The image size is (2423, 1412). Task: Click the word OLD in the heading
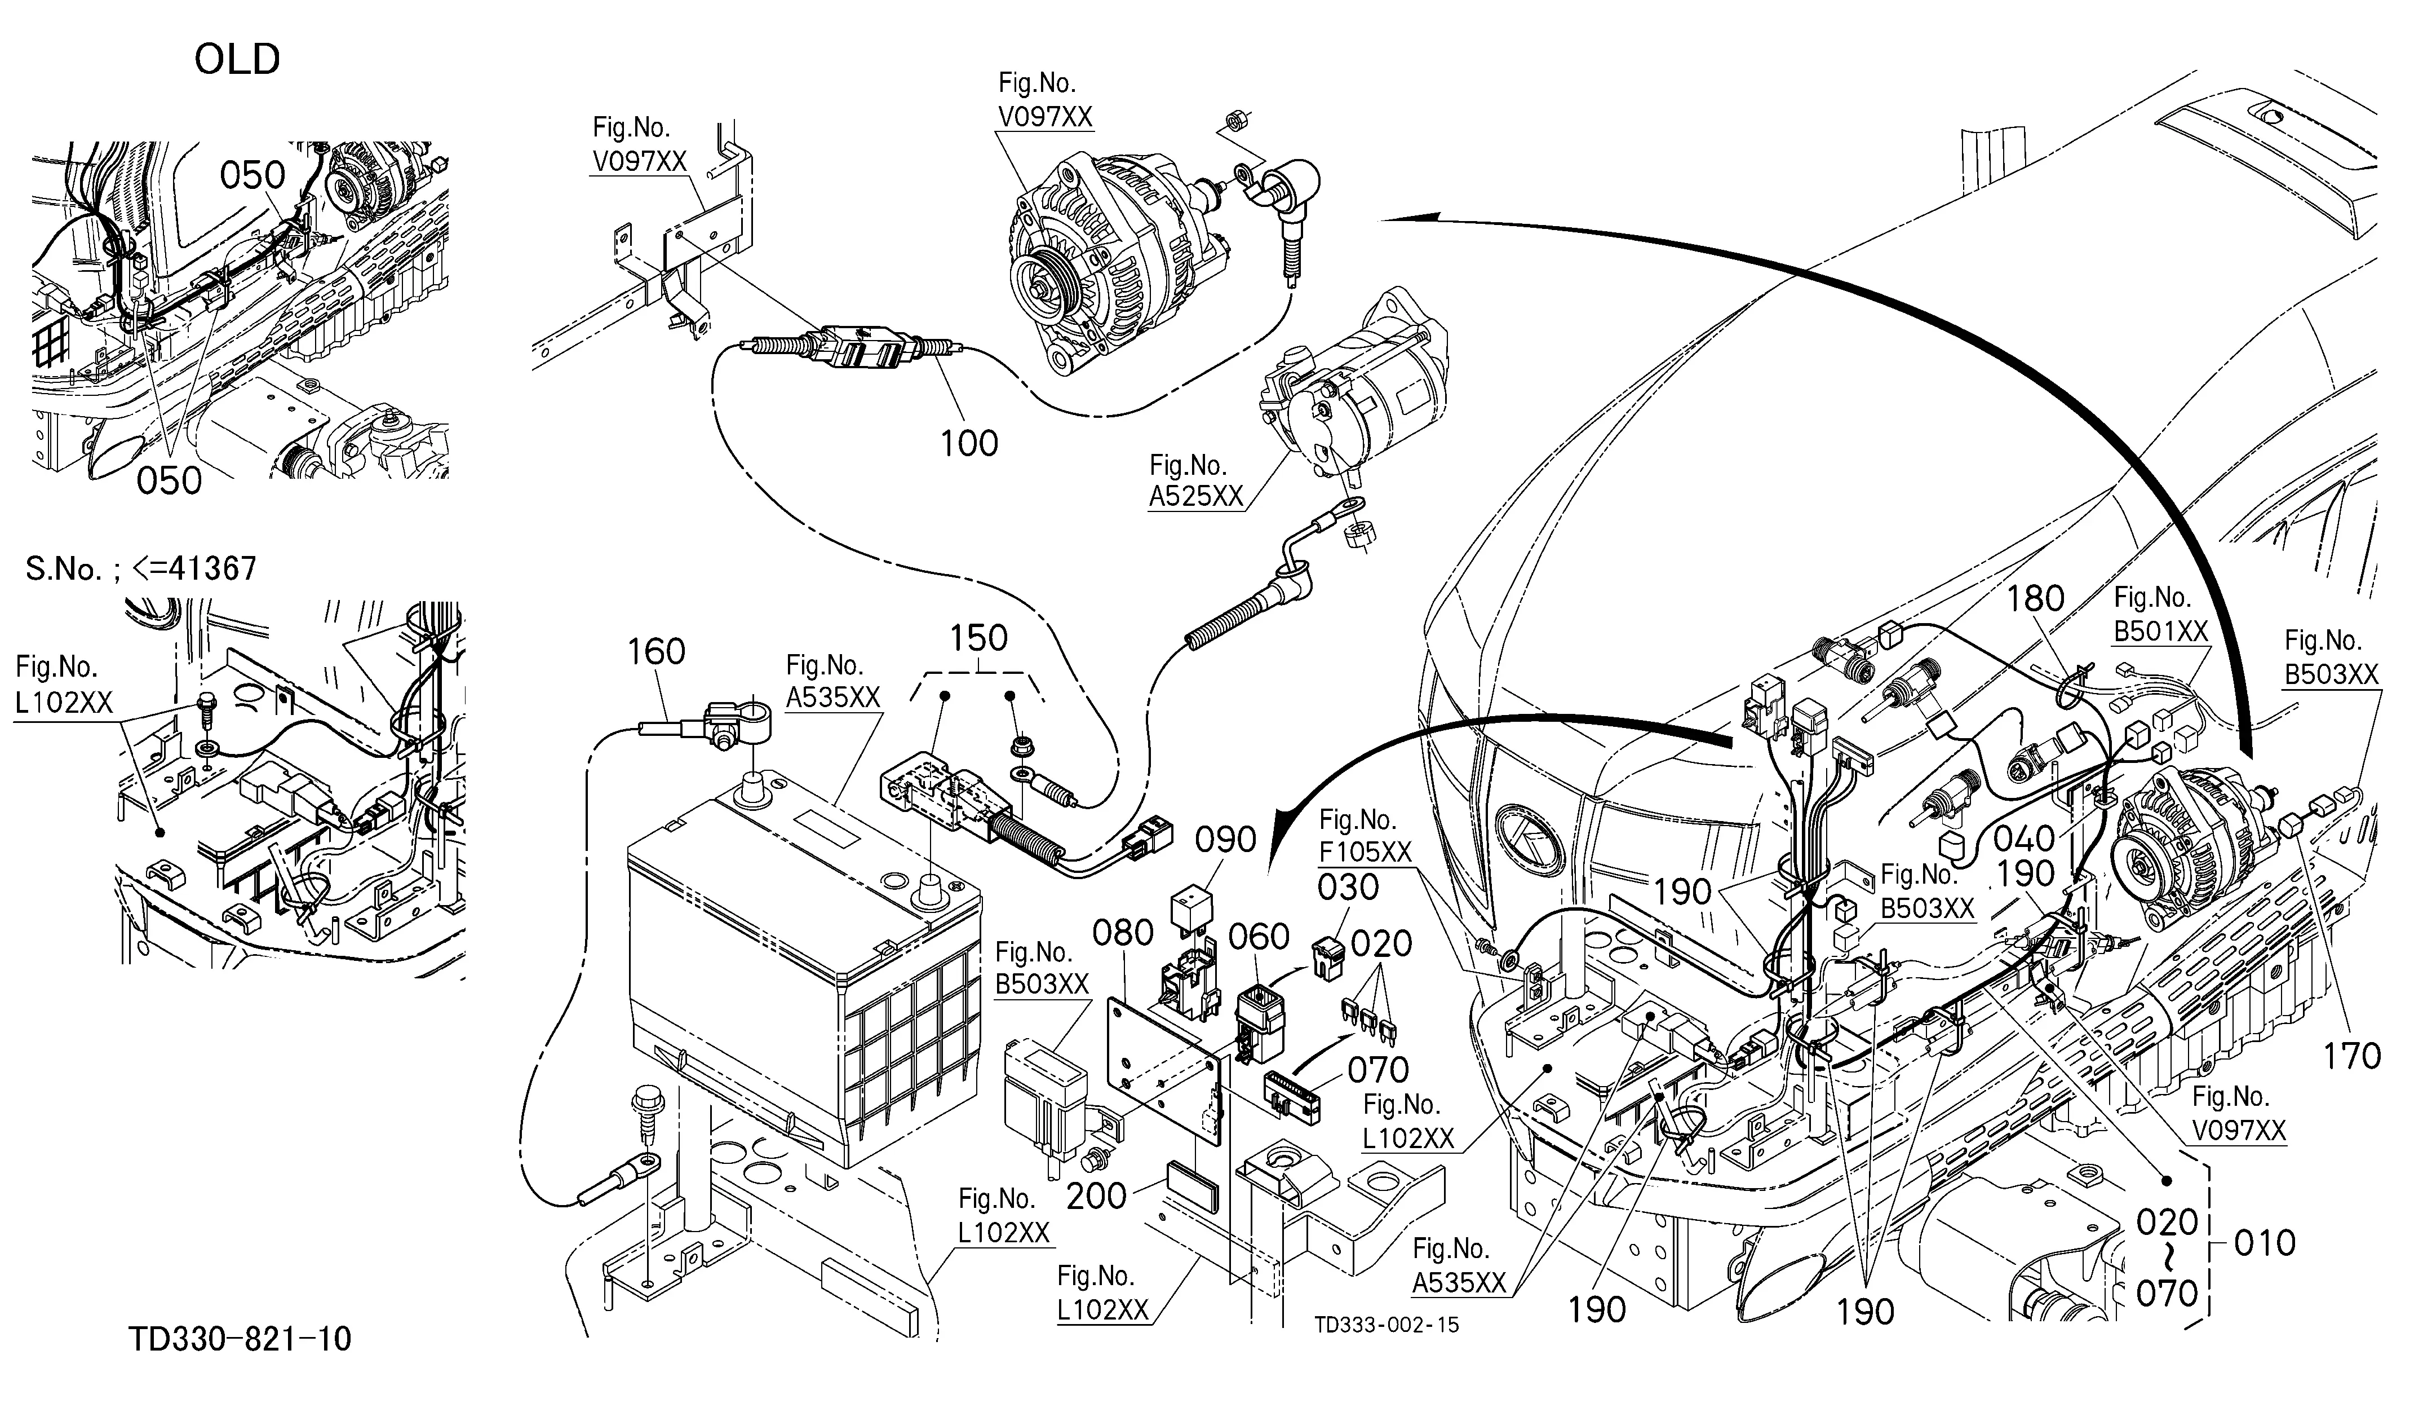tap(237, 60)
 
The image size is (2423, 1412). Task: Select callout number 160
tap(657, 652)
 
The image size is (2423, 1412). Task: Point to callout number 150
tap(979, 638)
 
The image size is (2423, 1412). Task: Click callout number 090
tap(1226, 840)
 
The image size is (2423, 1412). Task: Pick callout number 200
tap(1097, 1195)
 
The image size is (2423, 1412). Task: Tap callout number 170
tap(2353, 1057)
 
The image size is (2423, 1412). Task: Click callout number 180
tap(2036, 599)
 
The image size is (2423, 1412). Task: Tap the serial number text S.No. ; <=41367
tap(141, 568)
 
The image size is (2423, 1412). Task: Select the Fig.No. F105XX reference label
tap(1365, 836)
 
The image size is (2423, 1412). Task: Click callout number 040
tap(2024, 839)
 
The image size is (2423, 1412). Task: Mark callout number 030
tap(1348, 887)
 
